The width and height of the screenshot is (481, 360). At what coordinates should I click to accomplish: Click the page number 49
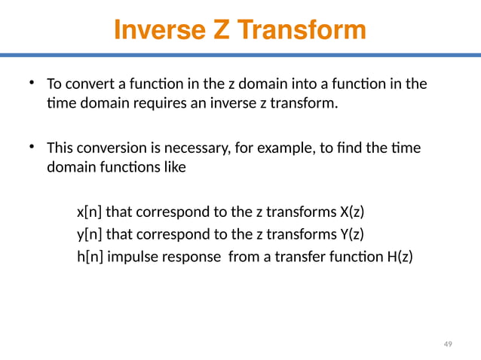(x=448, y=344)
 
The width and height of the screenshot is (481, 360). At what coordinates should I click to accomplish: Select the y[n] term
(x=90, y=233)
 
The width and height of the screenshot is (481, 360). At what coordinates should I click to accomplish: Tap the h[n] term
(x=90, y=257)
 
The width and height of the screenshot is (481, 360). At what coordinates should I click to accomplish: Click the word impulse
(x=131, y=257)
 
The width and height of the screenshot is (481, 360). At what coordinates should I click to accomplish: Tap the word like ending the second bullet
(x=175, y=167)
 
